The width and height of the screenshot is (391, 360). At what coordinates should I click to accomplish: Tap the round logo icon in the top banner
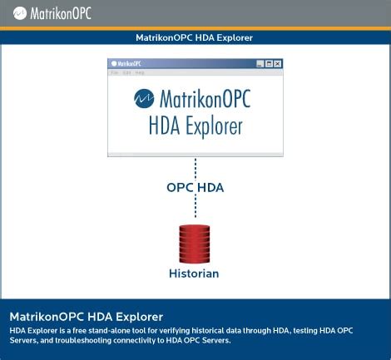pos(17,13)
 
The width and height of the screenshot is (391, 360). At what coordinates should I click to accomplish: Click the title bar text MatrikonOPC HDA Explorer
pos(195,37)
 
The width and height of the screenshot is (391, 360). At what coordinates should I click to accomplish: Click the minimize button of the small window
pos(260,64)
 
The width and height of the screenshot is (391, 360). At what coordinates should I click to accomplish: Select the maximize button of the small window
pos(269,64)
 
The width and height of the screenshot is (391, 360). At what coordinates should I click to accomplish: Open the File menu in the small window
pos(115,73)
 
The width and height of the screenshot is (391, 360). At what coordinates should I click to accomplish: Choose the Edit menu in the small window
pos(126,73)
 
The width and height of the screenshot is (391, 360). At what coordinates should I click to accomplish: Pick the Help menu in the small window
pos(139,73)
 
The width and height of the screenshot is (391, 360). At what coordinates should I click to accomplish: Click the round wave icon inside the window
pos(144,98)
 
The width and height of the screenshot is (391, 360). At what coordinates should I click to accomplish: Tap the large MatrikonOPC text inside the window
pos(203,98)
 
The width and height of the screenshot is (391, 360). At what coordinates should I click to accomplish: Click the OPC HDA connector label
pos(195,188)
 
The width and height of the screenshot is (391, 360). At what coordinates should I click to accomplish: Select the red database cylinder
pos(195,243)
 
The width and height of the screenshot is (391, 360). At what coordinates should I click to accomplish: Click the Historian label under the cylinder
pos(194,273)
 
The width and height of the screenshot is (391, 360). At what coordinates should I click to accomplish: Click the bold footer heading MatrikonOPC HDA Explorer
pos(87,317)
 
